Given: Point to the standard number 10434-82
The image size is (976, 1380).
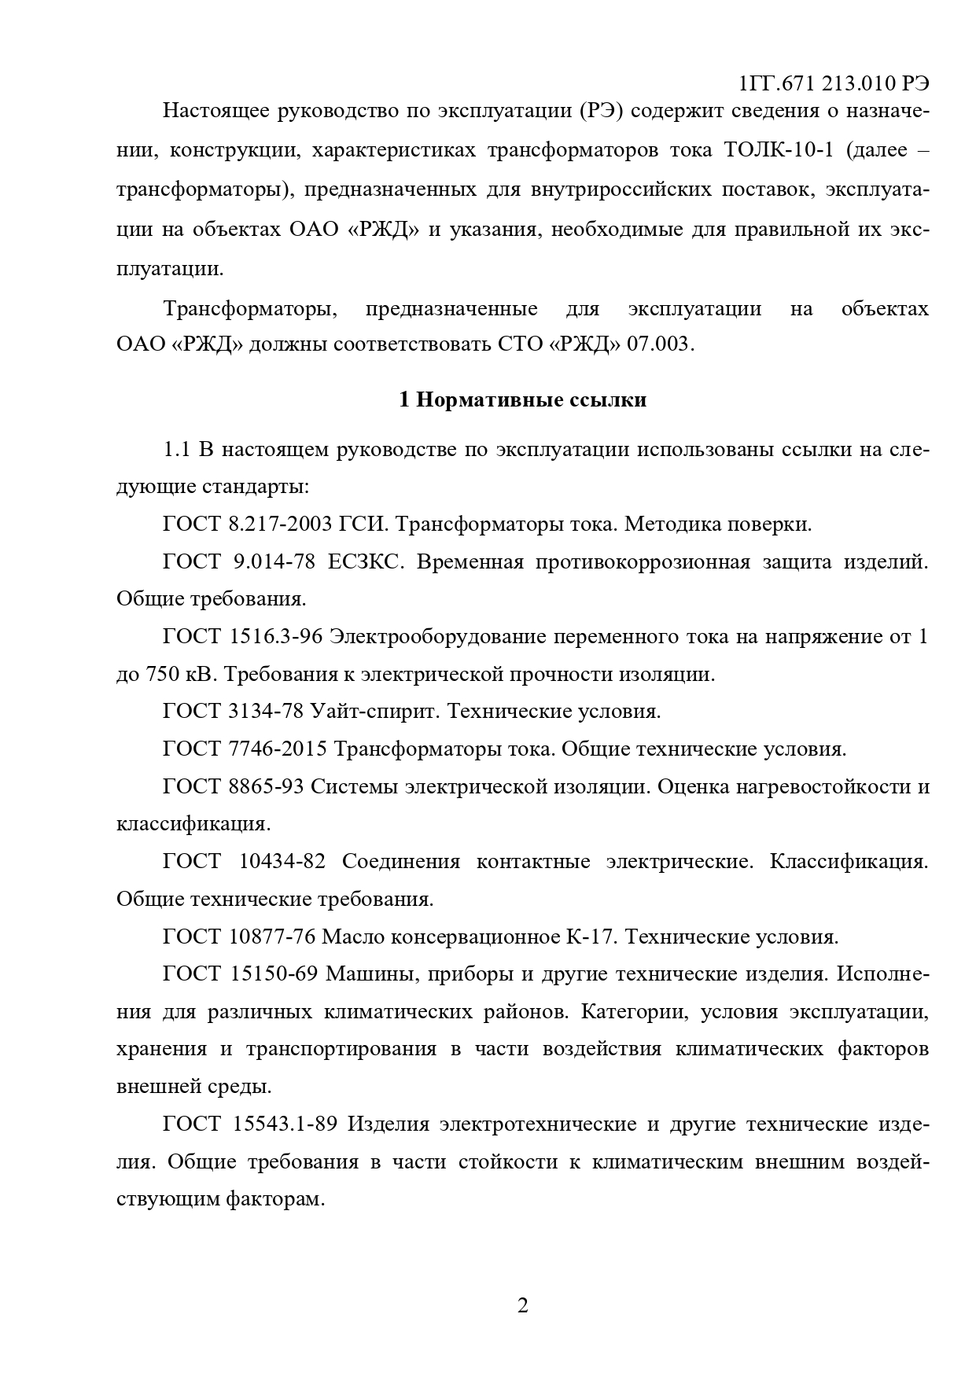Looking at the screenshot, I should (281, 862).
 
